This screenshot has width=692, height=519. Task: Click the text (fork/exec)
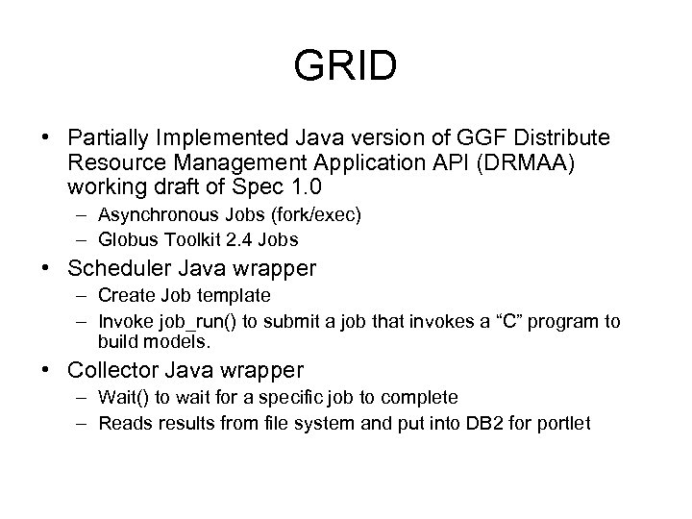click(x=311, y=215)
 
